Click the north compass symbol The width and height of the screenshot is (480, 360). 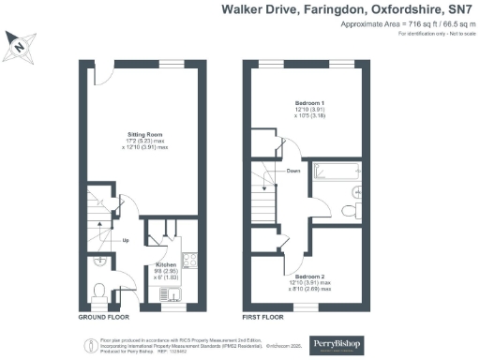[20, 43]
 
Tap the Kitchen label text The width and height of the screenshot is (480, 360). [166, 265]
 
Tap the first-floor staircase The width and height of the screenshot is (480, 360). [269, 196]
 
